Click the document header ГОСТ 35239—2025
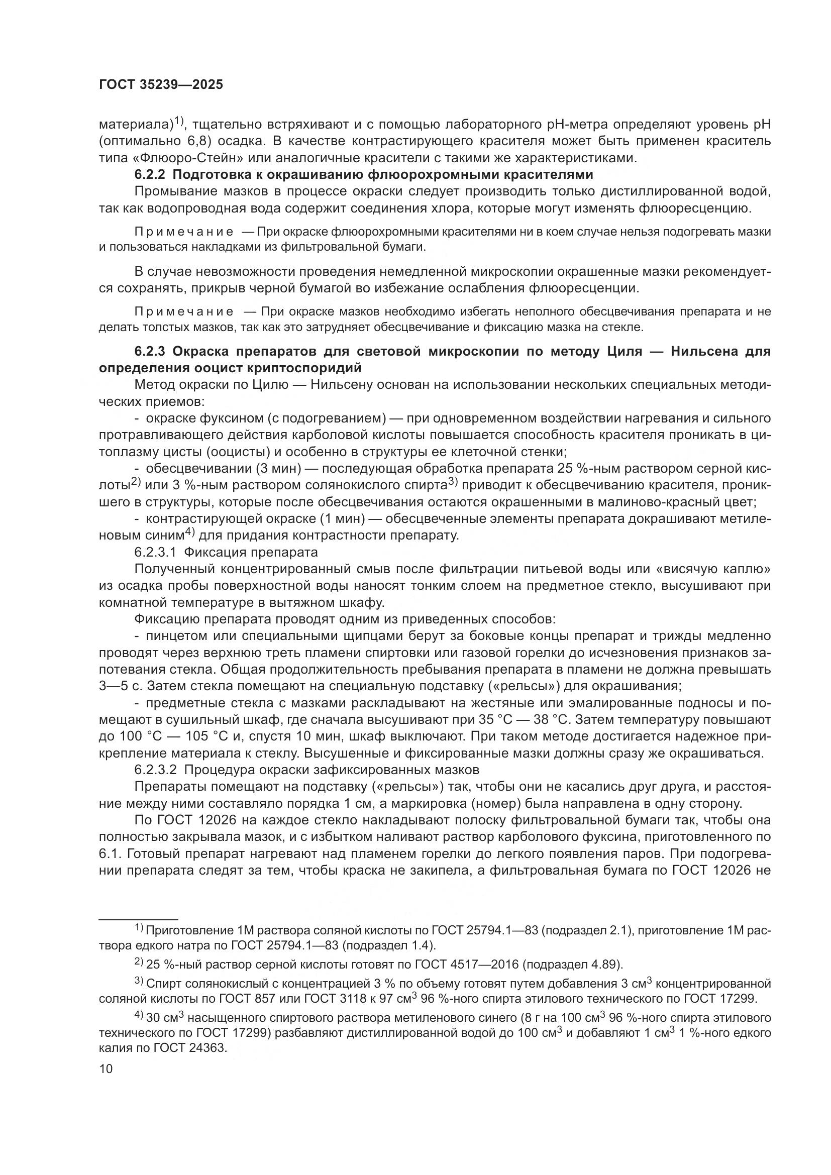coord(161,85)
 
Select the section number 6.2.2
coord(150,174)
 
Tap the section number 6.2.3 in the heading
coord(150,351)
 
